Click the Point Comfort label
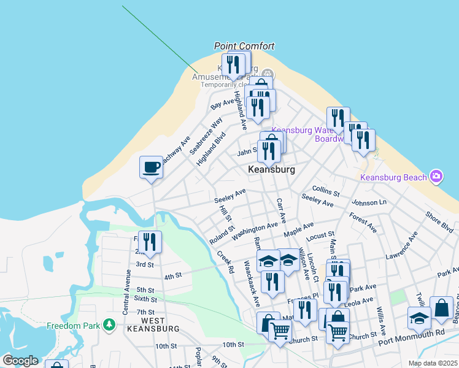(x=244, y=46)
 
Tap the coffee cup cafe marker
(x=151, y=167)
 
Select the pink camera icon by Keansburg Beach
(x=436, y=177)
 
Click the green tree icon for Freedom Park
(x=109, y=323)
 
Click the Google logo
(x=20, y=361)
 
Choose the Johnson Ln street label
(x=369, y=202)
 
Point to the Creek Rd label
(x=225, y=261)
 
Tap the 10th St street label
(x=233, y=345)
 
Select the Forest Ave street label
(x=363, y=222)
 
